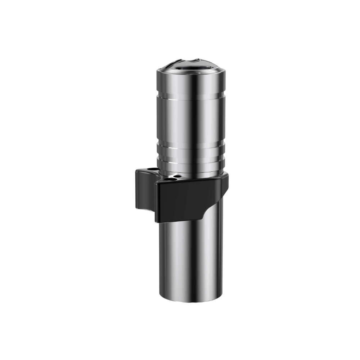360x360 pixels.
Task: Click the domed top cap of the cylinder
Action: pyautogui.click(x=191, y=66)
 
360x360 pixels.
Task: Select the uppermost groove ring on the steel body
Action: pyautogui.click(x=191, y=96)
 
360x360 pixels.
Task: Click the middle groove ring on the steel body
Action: pyautogui.click(x=191, y=148)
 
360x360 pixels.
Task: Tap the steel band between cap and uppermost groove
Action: pyautogui.click(x=191, y=83)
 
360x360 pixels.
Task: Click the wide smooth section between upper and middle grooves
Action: pyautogui.click(x=191, y=122)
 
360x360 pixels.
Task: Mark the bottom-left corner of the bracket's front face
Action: pyautogui.click(x=157, y=220)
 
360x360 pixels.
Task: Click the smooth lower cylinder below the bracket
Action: pyautogui.click(x=191, y=259)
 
